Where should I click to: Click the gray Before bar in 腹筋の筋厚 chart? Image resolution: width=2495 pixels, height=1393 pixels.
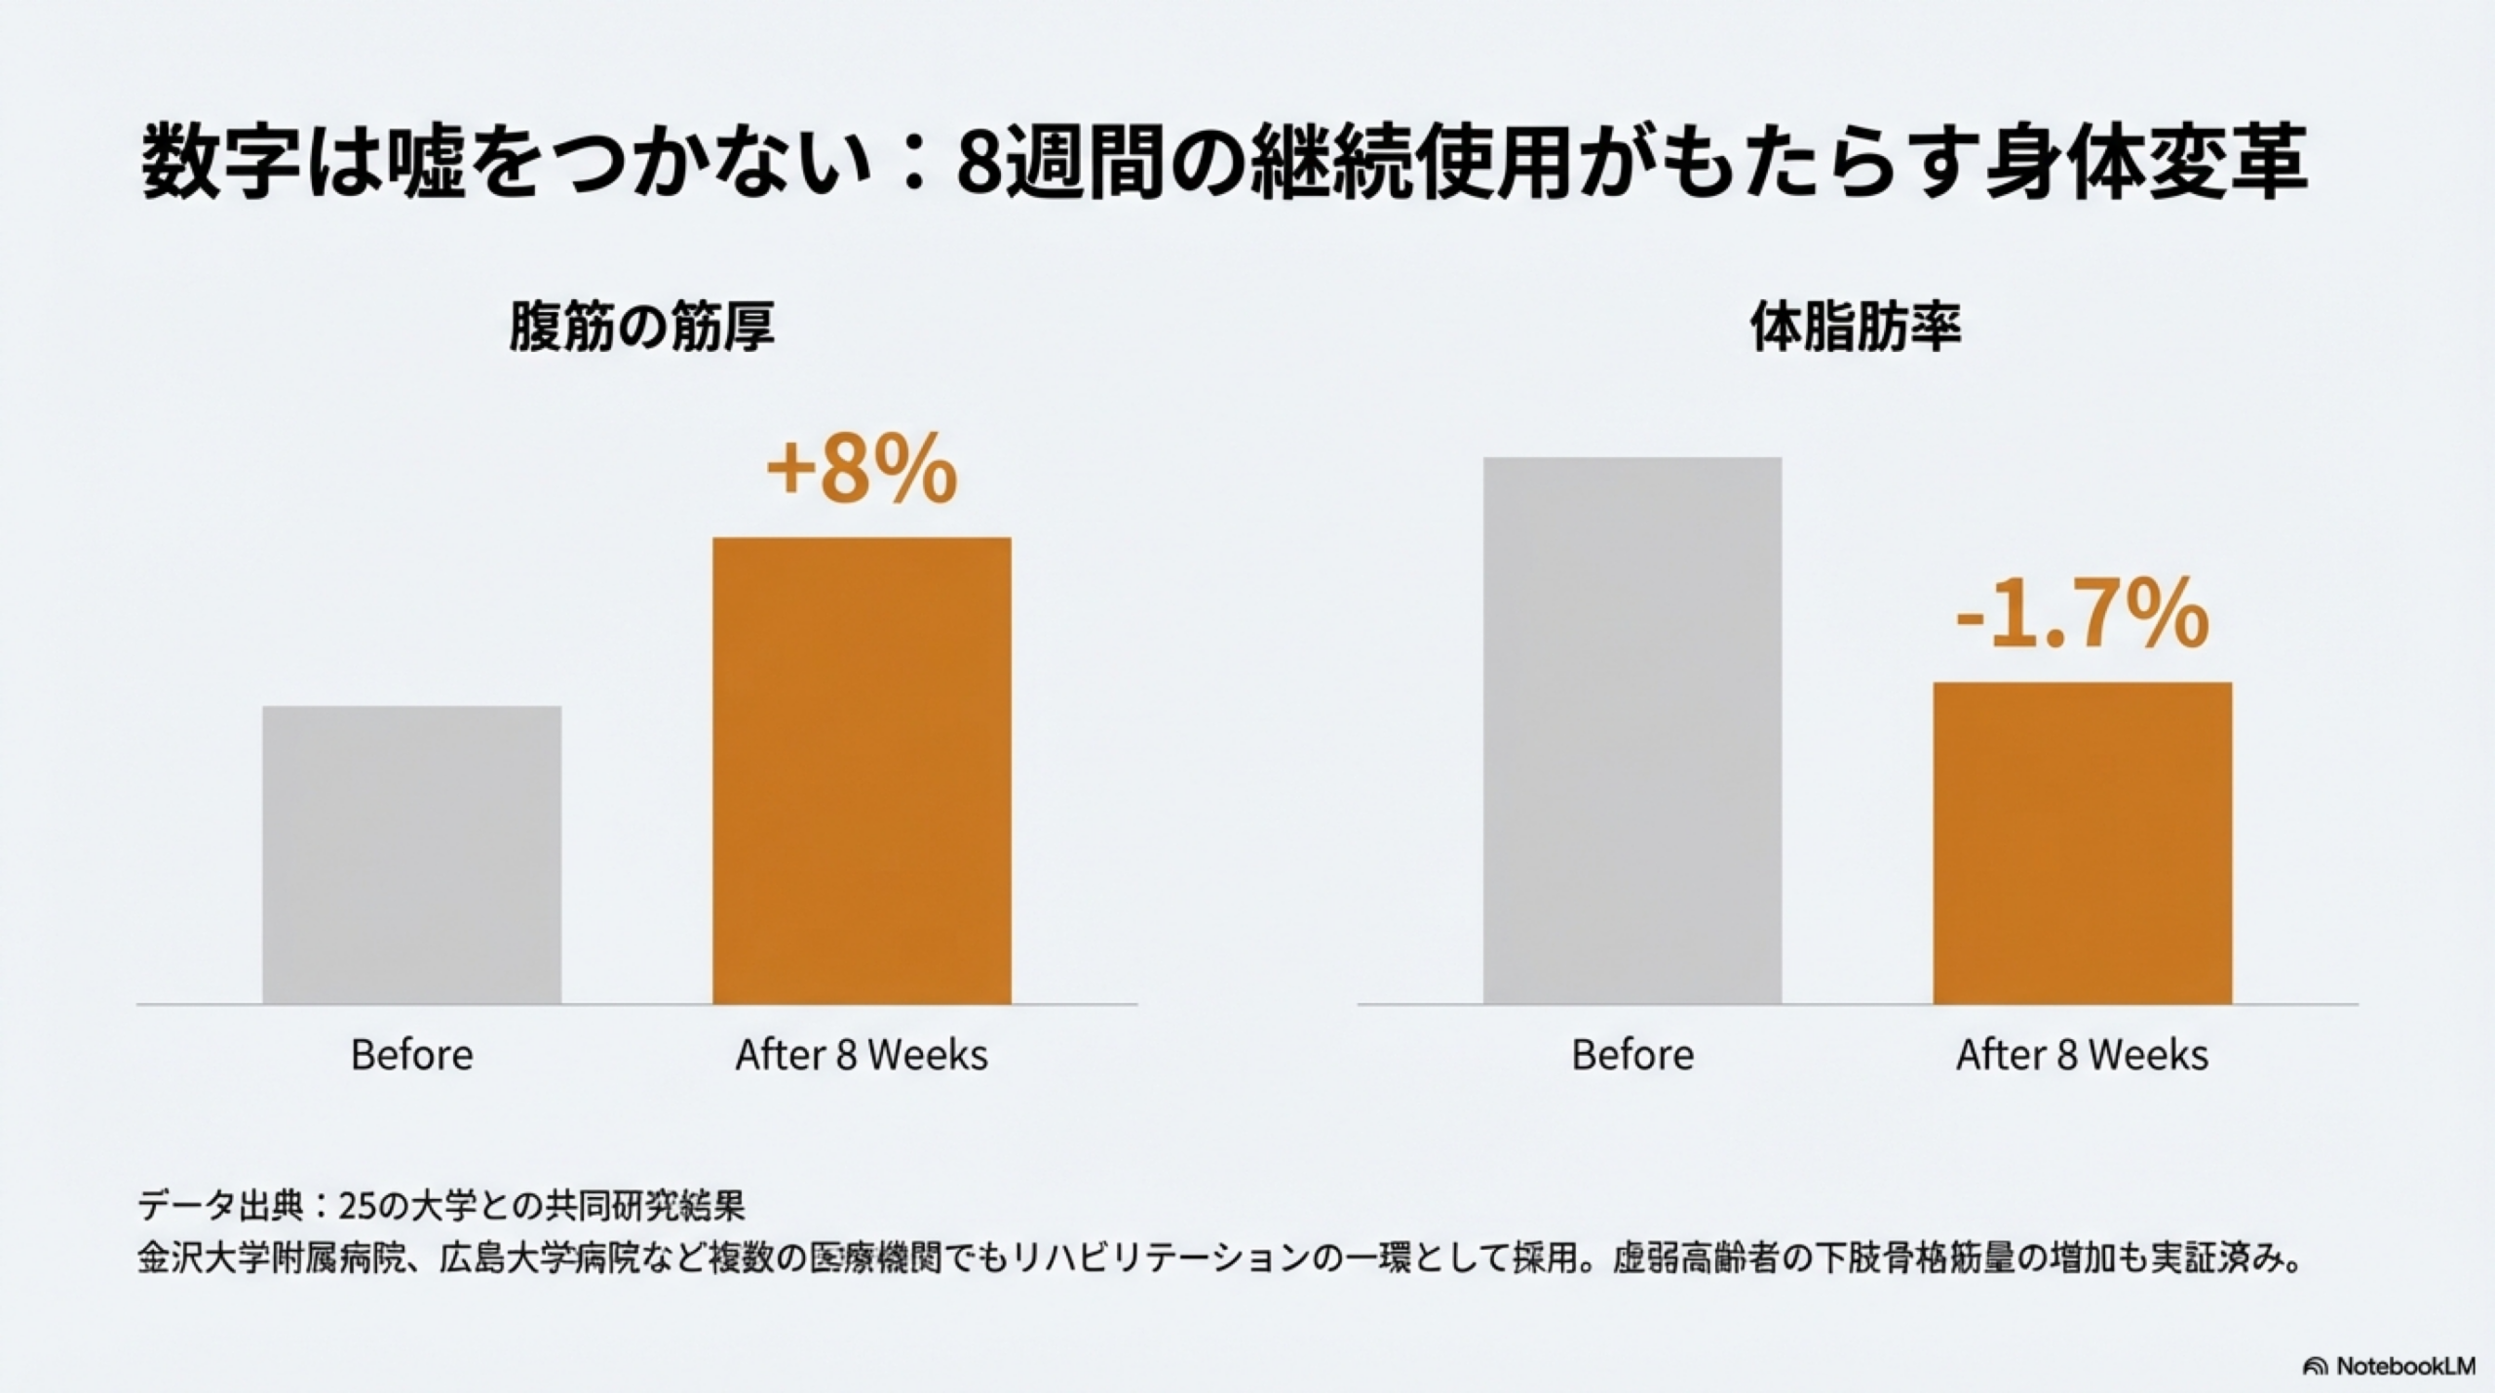click(411, 854)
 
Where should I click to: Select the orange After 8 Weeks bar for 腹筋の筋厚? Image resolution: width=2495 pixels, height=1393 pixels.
click(862, 770)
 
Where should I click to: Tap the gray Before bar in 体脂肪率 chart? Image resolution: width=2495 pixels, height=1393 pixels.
click(1632, 730)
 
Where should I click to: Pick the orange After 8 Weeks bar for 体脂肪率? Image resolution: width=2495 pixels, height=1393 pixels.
click(2083, 842)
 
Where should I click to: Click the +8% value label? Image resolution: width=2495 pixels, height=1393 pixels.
click(862, 471)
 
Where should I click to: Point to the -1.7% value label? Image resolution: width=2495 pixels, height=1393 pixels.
click(2082, 615)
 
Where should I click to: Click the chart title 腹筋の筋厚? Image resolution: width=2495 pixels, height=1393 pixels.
click(641, 328)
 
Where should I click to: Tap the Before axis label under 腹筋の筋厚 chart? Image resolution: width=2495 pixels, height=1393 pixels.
click(411, 1055)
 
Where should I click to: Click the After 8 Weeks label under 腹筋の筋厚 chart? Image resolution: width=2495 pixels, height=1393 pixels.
click(862, 1055)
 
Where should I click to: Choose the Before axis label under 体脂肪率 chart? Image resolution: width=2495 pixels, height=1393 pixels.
click(1632, 1055)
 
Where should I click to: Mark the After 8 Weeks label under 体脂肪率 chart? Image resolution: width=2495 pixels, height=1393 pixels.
click(2082, 1055)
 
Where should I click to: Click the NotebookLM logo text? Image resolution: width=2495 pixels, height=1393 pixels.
click(2405, 1366)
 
